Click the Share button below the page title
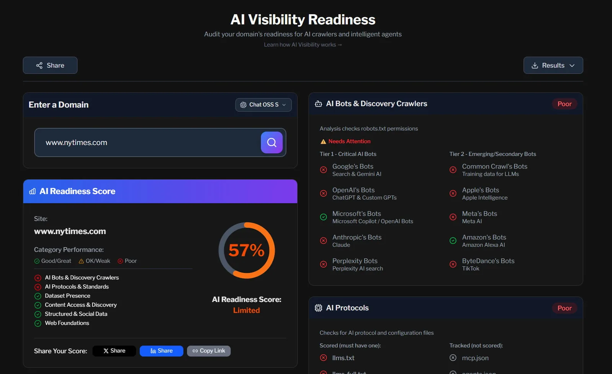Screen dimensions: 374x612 pyautogui.click(x=50, y=65)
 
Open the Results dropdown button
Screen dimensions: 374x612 pyautogui.click(x=553, y=65)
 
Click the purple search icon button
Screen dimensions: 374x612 pyautogui.click(x=272, y=142)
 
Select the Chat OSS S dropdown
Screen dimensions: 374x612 pyautogui.click(x=263, y=105)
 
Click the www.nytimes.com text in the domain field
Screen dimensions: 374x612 pyautogui.click(x=76, y=142)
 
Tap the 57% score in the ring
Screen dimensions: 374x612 pyautogui.click(x=246, y=251)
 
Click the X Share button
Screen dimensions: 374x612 pyautogui.click(x=114, y=351)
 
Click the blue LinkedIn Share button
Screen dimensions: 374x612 pyautogui.click(x=161, y=351)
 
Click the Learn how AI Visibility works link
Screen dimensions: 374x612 pyautogui.click(x=303, y=45)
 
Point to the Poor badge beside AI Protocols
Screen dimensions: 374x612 pyautogui.click(x=564, y=308)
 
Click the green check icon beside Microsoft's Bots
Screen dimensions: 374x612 pyautogui.click(x=323, y=217)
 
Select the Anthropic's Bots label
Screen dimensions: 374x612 pyautogui.click(x=356, y=237)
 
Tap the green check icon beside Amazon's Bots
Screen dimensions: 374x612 pyautogui.click(x=453, y=241)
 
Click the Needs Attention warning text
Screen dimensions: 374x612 pyautogui.click(x=349, y=141)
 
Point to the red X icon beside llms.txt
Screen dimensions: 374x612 pyautogui.click(x=323, y=358)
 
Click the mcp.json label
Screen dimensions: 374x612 pyautogui.click(x=475, y=358)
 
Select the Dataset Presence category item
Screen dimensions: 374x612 pyautogui.click(x=67, y=296)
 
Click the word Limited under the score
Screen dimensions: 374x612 pyautogui.click(x=246, y=310)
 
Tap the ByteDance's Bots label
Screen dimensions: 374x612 pyautogui.click(x=488, y=261)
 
